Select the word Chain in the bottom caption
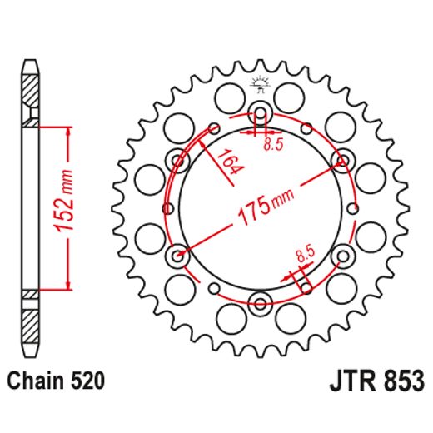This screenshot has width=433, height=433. point(33,381)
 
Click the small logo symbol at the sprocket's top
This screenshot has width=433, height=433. point(260,82)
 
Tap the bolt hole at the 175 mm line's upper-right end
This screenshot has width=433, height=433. point(341,159)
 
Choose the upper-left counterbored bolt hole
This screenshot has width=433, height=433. point(178,159)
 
